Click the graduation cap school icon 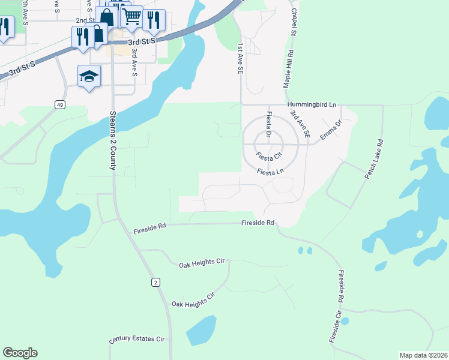coord(89,76)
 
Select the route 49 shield coord(59,105)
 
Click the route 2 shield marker coord(155,282)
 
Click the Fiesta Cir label coord(268,156)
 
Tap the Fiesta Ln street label coord(270,172)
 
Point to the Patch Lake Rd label coord(373,160)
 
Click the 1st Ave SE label coord(240,58)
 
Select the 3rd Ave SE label coord(300,125)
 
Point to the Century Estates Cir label coord(137,340)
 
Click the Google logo coord(20,353)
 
